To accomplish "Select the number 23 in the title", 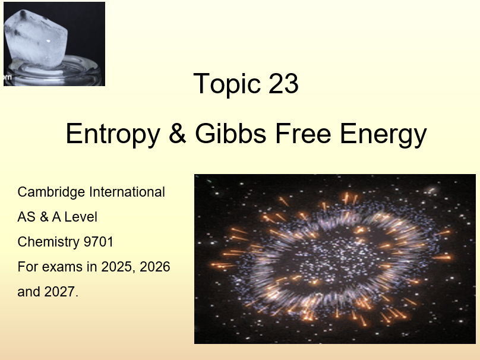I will [x=283, y=84].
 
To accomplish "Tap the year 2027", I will [x=61, y=292].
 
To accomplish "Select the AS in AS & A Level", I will [x=26, y=217].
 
